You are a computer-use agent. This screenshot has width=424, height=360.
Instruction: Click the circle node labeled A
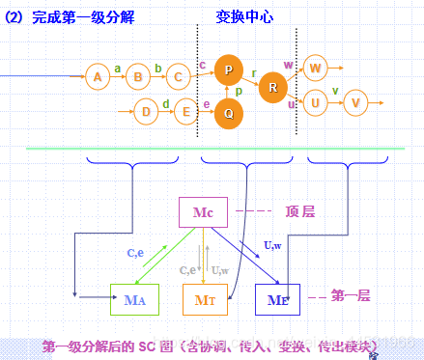96,76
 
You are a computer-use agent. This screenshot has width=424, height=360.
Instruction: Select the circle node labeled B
138,76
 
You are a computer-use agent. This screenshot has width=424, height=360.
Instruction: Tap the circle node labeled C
178,76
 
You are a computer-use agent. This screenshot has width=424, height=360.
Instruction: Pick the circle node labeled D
145,111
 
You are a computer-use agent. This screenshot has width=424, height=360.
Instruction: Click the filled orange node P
228,69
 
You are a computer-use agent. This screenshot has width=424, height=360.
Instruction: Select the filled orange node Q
228,112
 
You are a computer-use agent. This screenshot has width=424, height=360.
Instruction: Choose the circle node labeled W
315,68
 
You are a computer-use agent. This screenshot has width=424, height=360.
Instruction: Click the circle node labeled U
315,101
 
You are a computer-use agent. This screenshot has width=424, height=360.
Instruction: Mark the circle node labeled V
356,101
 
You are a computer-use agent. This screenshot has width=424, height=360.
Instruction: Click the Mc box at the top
203,212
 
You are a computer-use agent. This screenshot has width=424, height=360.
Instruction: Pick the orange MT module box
205,299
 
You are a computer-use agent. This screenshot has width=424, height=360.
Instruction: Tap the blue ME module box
277,299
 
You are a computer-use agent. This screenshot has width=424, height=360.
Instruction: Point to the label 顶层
300,211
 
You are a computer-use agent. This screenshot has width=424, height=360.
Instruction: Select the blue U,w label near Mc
273,246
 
